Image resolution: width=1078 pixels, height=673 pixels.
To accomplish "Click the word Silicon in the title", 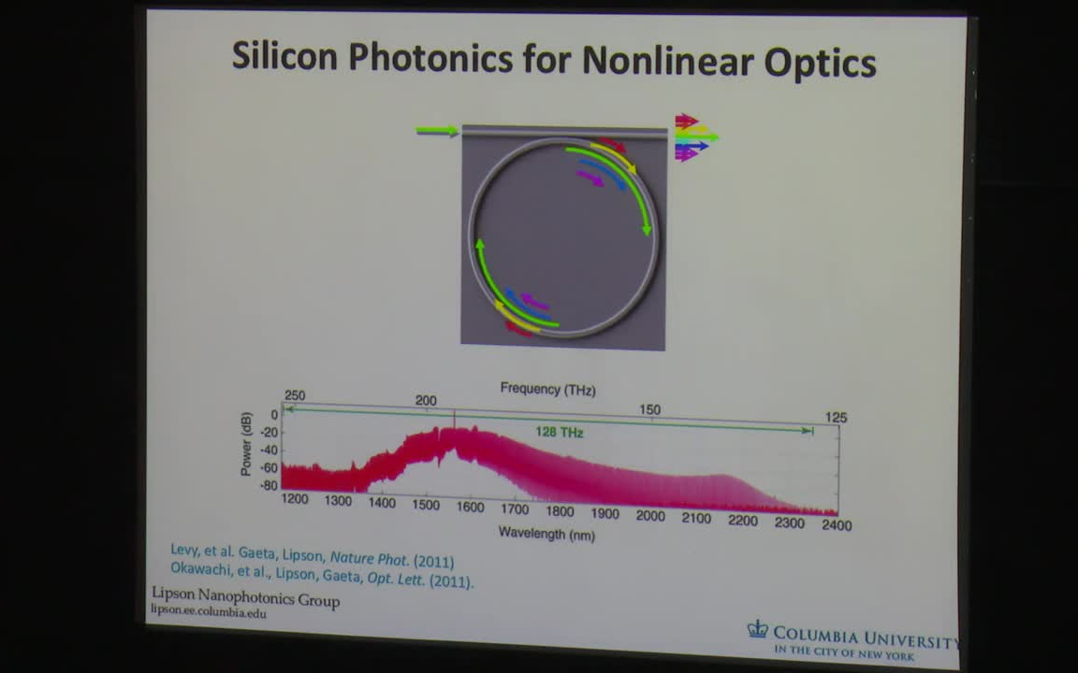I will pyautogui.click(x=285, y=57).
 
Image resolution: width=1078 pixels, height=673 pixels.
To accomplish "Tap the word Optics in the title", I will pyautogui.click(x=820, y=64).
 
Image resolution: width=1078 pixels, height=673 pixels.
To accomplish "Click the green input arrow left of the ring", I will pyautogui.click(x=437, y=131).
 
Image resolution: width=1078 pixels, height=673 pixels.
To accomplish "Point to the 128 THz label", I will pyautogui.click(x=560, y=432).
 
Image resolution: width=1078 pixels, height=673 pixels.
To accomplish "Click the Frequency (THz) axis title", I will pyautogui.click(x=547, y=389).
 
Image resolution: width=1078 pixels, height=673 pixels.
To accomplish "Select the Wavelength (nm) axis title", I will pyautogui.click(x=546, y=534).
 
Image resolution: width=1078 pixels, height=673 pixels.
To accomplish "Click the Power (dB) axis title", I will pyautogui.click(x=246, y=444).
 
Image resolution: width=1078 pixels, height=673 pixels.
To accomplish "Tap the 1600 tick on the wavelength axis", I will pyautogui.click(x=470, y=508).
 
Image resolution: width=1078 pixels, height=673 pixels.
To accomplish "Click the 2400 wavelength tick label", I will pyautogui.click(x=836, y=525).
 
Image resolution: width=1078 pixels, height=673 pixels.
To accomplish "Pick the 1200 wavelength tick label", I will pyautogui.click(x=295, y=499).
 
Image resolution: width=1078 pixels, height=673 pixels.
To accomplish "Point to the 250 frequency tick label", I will pyautogui.click(x=294, y=395).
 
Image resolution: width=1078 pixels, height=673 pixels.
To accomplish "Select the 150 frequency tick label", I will pyautogui.click(x=649, y=409).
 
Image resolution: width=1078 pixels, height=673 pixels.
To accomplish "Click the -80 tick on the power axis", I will pyautogui.click(x=269, y=486).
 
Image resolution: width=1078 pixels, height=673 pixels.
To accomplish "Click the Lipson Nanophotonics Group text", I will pyautogui.click(x=245, y=598).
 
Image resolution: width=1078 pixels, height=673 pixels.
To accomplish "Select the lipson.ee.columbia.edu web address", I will pyautogui.click(x=209, y=612).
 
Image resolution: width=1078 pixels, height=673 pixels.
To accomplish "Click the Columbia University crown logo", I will pyautogui.click(x=757, y=630).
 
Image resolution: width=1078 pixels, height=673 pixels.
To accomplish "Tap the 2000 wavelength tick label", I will pyautogui.click(x=650, y=516).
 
